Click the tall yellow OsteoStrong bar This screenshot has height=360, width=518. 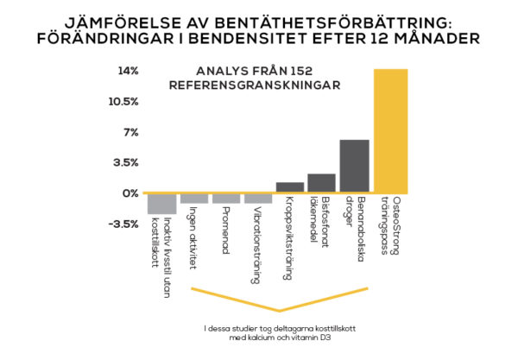(x=390, y=129)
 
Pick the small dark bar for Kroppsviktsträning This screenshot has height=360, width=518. (x=290, y=186)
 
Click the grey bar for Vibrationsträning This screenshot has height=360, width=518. (x=258, y=199)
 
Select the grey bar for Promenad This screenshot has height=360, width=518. (x=226, y=199)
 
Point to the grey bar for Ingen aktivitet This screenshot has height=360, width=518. (x=194, y=199)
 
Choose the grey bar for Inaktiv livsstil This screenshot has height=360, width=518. (x=161, y=204)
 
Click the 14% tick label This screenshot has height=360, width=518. (x=128, y=71)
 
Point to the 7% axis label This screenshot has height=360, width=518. (x=129, y=132)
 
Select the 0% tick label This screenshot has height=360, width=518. (x=129, y=193)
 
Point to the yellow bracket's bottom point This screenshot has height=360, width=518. (x=279, y=310)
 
